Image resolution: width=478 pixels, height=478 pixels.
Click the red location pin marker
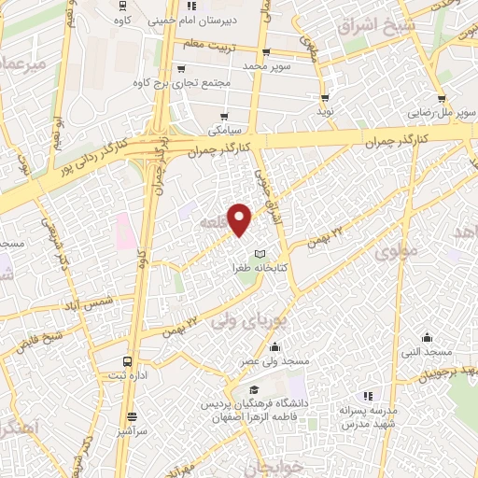pyautogui.click(x=241, y=219)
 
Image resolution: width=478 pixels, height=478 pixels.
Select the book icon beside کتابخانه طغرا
pyautogui.click(x=260, y=255)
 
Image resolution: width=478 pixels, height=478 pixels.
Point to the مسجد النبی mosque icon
pyautogui.click(x=427, y=338)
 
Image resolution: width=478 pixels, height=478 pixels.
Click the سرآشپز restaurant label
pyautogui.click(x=132, y=432)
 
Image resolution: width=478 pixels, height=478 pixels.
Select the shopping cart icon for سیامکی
pyautogui.click(x=224, y=116)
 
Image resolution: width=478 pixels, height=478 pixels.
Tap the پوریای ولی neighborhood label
pyautogui.click(x=246, y=314)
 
